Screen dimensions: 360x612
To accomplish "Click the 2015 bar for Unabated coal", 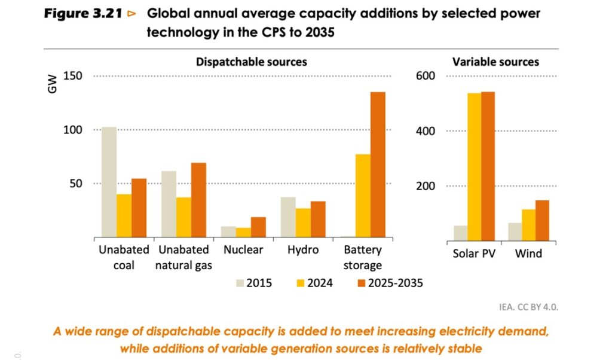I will pos(109,182).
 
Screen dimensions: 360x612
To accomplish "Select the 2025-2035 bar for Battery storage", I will pos(378,164).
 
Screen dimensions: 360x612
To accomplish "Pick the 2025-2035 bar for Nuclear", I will pos(258,227).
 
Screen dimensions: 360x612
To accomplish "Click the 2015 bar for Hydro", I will pos(288,217).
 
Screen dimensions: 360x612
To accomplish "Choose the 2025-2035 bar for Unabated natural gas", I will pos(198,200).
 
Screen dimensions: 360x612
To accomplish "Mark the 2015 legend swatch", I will pos(242,283).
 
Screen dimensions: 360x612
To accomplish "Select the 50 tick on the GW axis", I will pos(76,184).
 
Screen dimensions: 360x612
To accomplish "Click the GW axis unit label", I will pos(53,84).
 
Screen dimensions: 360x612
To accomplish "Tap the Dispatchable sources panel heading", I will pos(252,62).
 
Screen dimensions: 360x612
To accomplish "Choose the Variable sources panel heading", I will pos(495,62).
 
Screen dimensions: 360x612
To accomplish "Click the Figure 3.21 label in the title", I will pos(84,14).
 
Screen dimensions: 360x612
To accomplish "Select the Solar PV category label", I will pos(475,254).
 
